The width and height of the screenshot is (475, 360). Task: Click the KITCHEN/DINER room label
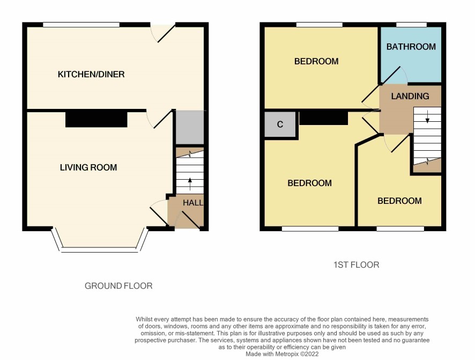(x=91, y=74)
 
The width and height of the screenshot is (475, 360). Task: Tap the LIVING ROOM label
(x=88, y=167)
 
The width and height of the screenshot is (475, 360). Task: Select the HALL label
(x=193, y=203)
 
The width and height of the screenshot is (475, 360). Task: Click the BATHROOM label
(x=411, y=47)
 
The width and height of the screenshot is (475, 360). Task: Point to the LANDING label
(x=410, y=97)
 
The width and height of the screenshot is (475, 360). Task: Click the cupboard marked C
(x=280, y=124)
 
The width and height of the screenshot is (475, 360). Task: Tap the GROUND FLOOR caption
(x=118, y=286)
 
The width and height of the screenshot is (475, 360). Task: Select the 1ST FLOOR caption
(x=356, y=265)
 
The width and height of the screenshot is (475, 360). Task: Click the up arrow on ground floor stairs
(x=190, y=184)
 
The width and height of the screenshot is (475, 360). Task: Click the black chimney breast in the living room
(x=97, y=120)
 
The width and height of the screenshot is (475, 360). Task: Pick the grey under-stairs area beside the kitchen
(x=190, y=128)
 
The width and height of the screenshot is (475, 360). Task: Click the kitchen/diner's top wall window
(x=81, y=25)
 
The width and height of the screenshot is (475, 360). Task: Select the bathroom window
(x=411, y=25)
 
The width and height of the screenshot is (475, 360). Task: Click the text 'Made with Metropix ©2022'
(x=282, y=354)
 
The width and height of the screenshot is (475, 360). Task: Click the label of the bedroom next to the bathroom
(x=316, y=62)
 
